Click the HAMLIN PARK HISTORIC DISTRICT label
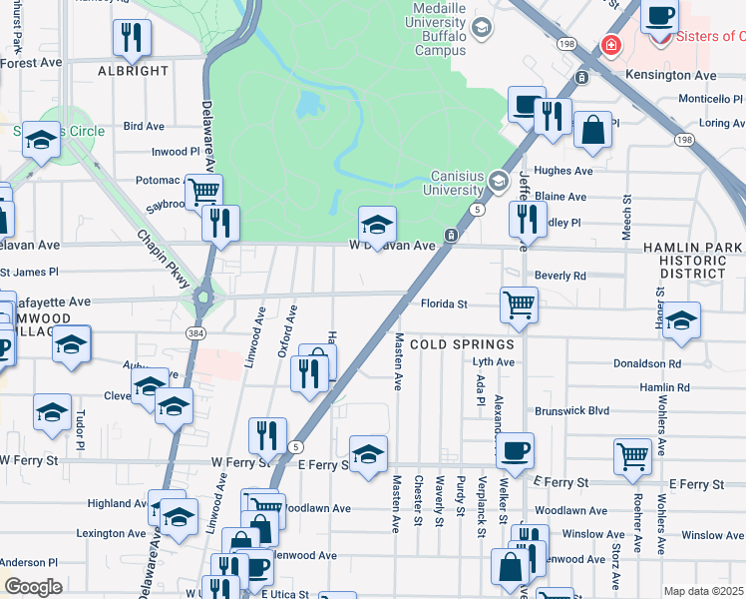click(x=693, y=260)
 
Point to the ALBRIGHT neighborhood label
click(x=133, y=71)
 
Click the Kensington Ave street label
click(x=671, y=75)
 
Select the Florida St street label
click(x=443, y=302)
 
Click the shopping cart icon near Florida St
click(x=519, y=303)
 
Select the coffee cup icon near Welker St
click(x=515, y=450)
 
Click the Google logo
click(x=33, y=587)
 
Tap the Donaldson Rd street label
click(x=647, y=364)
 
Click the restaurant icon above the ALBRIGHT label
click(x=132, y=38)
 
